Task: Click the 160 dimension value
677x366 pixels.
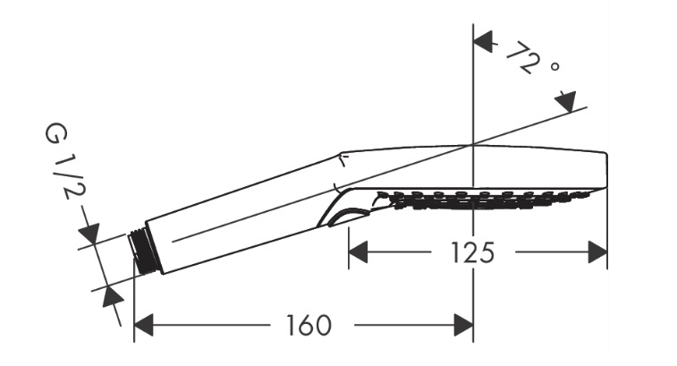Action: click(309, 326)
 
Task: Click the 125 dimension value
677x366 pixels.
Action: click(472, 252)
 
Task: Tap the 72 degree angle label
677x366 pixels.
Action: click(532, 58)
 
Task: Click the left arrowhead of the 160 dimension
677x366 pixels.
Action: click(144, 325)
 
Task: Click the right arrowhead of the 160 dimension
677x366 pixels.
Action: click(463, 325)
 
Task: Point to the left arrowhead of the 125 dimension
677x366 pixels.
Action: click(358, 252)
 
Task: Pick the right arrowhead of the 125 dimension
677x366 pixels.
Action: click(597, 252)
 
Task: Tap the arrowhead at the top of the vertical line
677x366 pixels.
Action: click(484, 41)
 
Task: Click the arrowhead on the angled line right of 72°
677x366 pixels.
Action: click(566, 102)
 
